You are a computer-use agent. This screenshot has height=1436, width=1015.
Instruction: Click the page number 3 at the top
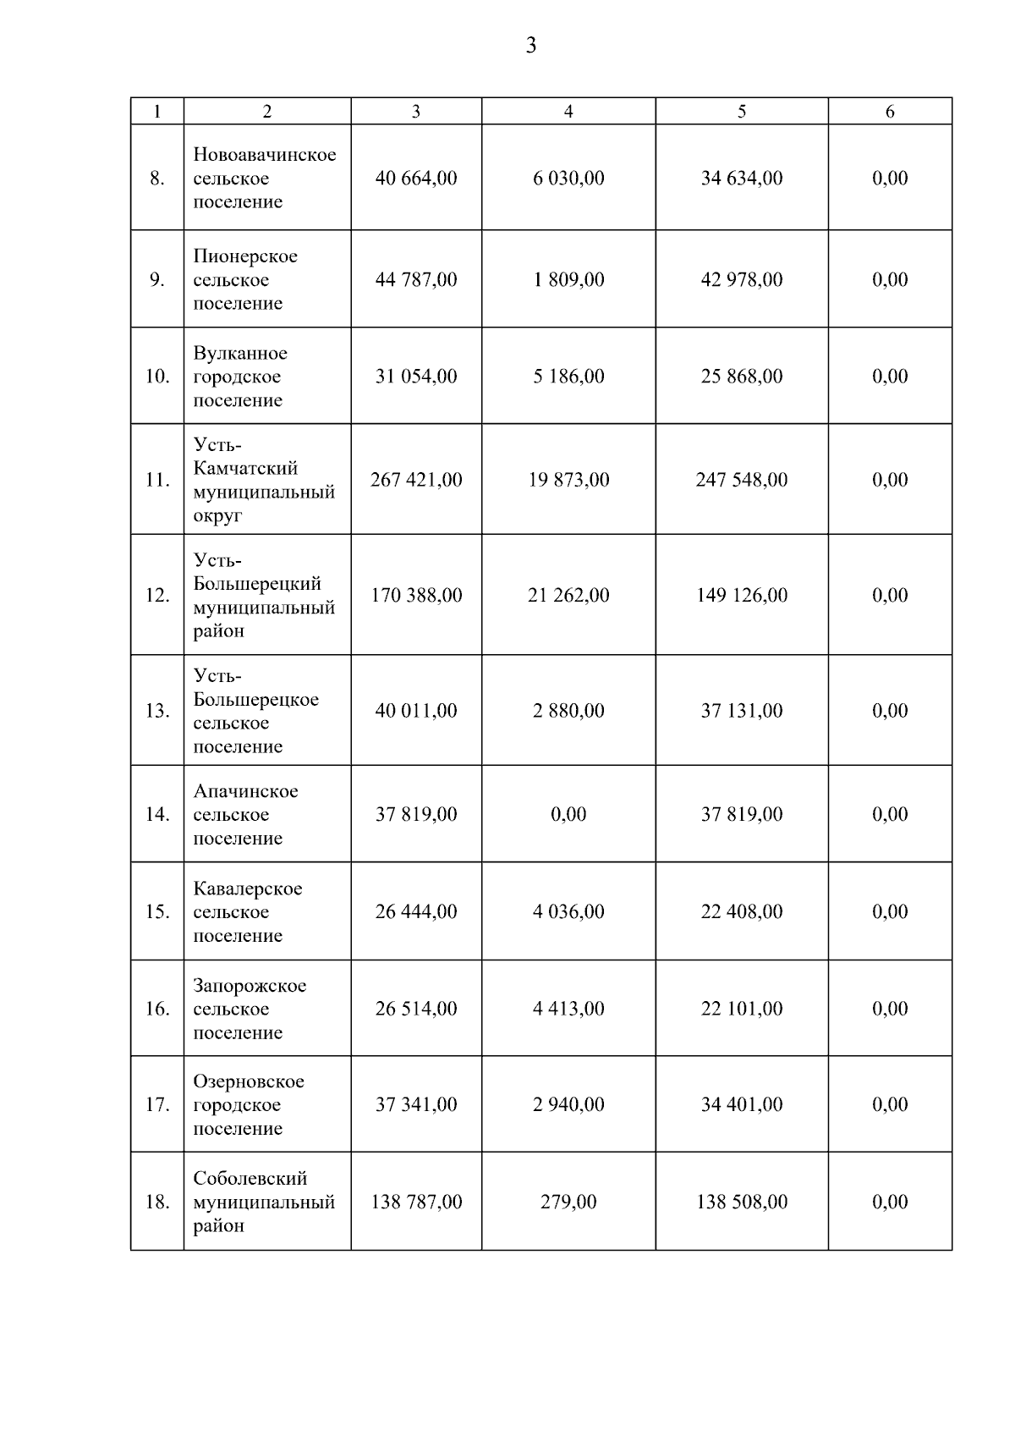(x=530, y=46)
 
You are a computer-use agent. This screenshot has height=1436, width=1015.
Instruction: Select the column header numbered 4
(x=568, y=112)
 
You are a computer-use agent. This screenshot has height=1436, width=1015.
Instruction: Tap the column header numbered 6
(x=890, y=112)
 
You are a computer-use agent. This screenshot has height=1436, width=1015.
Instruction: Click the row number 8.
(x=157, y=179)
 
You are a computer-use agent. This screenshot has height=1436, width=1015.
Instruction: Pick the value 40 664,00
(x=416, y=179)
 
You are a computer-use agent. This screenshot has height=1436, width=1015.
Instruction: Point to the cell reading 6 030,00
(x=568, y=179)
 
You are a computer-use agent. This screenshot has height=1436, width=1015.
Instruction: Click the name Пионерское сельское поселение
(x=245, y=279)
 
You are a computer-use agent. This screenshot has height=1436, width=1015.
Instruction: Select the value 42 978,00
(x=742, y=280)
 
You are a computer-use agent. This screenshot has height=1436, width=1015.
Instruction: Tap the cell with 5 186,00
(x=568, y=377)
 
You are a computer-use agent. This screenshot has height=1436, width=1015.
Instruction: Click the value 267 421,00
(x=416, y=480)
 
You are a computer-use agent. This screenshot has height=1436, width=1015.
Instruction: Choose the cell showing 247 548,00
(x=742, y=480)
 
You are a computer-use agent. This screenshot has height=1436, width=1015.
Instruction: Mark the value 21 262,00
(x=568, y=596)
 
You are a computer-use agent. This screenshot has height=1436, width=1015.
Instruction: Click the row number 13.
(x=157, y=711)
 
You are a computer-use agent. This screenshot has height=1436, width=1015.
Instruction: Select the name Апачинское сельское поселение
(x=245, y=814)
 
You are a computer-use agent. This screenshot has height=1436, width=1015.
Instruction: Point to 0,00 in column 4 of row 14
(x=568, y=814)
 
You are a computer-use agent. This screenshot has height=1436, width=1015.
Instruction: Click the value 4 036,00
(x=568, y=911)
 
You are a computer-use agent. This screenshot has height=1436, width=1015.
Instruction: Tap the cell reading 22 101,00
(x=742, y=1009)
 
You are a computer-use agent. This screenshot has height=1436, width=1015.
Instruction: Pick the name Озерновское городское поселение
(x=249, y=1104)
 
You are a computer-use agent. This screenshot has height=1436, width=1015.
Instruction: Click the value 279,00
(x=568, y=1202)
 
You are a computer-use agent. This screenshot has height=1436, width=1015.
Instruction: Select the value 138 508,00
(x=742, y=1202)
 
